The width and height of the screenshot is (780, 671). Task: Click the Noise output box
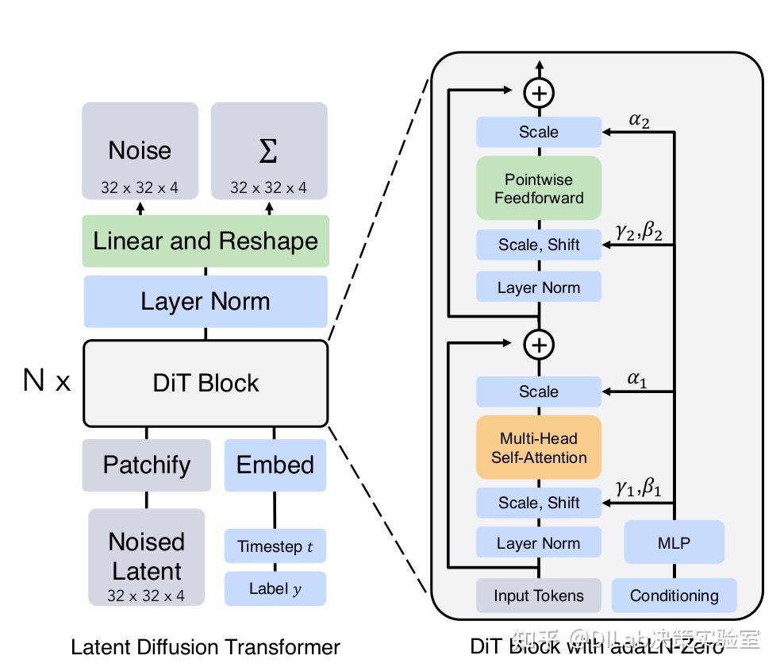(140, 151)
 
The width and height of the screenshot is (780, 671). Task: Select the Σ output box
(268, 151)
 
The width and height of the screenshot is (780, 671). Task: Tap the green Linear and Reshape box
(206, 241)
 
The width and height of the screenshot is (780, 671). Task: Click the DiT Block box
(206, 383)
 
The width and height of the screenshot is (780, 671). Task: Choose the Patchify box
(147, 465)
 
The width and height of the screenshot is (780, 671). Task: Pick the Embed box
(275, 465)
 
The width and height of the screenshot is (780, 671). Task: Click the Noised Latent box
(146, 557)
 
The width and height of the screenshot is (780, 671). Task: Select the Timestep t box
(275, 546)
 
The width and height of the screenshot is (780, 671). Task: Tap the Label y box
(275, 588)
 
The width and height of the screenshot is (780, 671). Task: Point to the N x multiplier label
(47, 382)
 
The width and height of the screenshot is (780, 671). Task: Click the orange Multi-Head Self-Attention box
(539, 448)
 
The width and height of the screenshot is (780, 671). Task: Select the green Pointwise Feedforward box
(539, 188)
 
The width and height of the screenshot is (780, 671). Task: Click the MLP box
(674, 543)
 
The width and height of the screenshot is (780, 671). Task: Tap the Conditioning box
(674, 596)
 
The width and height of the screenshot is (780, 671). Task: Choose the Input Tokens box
(539, 596)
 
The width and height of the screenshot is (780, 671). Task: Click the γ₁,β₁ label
(638, 488)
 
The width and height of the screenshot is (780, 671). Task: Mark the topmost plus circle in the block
(539, 93)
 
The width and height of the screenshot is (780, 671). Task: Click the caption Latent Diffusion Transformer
(206, 647)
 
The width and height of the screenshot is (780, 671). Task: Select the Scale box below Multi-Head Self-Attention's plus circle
(539, 391)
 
